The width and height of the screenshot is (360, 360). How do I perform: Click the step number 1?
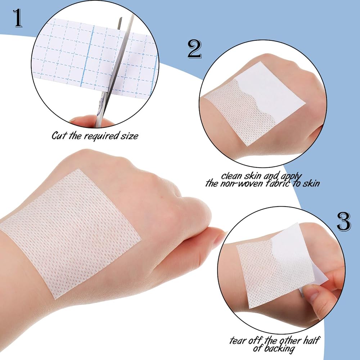pyautogui.click(x=17, y=18)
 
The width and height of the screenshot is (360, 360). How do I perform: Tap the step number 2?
pyautogui.click(x=194, y=49)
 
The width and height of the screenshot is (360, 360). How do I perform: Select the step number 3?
pyautogui.click(x=344, y=221)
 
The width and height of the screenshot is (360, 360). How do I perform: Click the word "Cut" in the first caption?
pyautogui.click(x=59, y=135)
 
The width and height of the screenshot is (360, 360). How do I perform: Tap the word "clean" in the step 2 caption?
pyautogui.click(x=231, y=176)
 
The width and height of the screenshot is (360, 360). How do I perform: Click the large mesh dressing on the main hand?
pyautogui.click(x=69, y=234)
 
